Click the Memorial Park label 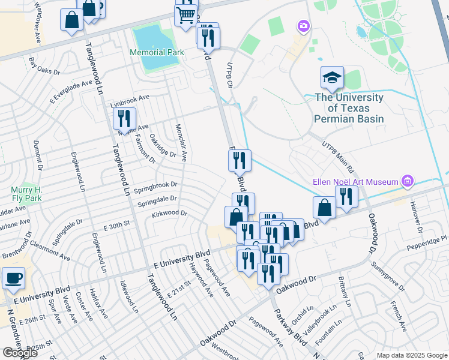(157, 52)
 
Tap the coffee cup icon (13, 278)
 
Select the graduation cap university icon (332, 77)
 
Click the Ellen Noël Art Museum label (356, 181)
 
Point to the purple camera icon (303, 25)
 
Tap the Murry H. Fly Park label (25, 194)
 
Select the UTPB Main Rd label (339, 154)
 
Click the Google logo (20, 353)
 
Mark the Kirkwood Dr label (170, 213)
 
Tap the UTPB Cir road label (229, 75)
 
